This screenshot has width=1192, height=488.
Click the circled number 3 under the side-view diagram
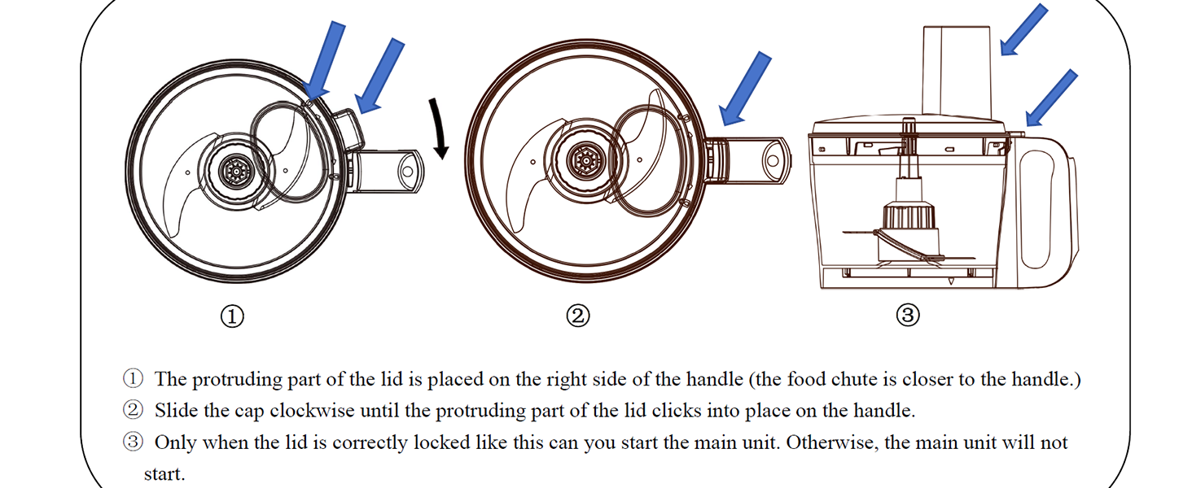(908, 316)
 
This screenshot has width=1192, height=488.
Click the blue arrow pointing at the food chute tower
(1023, 29)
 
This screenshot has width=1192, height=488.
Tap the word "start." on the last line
(164, 473)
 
